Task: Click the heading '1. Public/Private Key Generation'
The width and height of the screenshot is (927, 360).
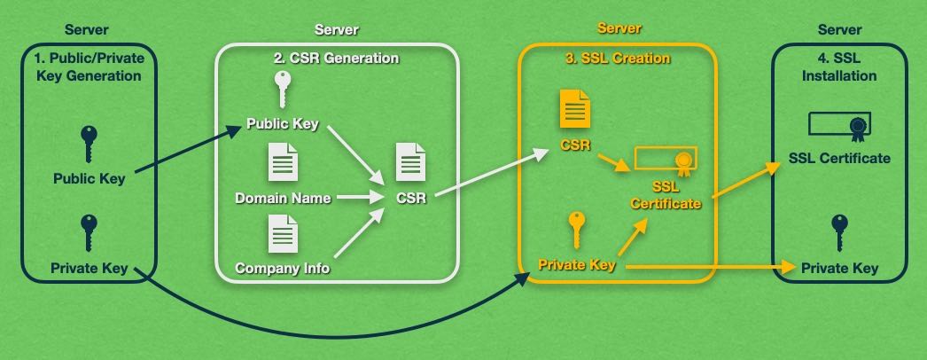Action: click(x=88, y=67)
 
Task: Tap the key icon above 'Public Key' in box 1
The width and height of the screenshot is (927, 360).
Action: click(x=88, y=142)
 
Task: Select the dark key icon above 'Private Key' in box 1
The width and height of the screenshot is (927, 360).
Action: click(x=88, y=233)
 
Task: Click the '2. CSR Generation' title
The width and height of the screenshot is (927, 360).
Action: click(x=336, y=59)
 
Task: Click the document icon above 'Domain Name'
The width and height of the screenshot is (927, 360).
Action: click(x=283, y=162)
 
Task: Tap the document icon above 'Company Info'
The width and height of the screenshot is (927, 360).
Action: click(x=283, y=234)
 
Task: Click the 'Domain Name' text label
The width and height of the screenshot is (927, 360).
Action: click(x=283, y=198)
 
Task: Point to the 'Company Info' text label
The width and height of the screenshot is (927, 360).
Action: click(x=282, y=268)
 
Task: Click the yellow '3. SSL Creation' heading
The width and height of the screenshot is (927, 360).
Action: click(x=617, y=59)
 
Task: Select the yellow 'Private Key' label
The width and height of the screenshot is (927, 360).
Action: click(x=577, y=264)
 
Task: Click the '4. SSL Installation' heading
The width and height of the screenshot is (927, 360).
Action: click(x=838, y=67)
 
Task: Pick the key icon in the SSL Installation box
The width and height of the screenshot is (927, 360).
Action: click(x=839, y=233)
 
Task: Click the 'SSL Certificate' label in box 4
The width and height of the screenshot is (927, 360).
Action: click(x=839, y=159)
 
